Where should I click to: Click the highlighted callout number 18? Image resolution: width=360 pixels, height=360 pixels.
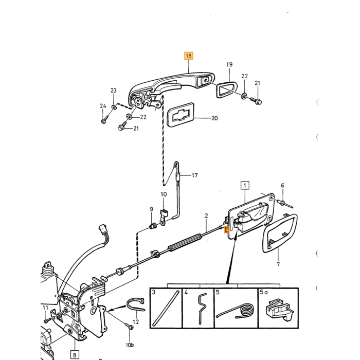click(189, 56)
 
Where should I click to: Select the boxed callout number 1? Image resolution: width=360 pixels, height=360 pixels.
click(245, 185)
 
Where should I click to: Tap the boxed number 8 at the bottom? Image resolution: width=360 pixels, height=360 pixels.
click(75, 355)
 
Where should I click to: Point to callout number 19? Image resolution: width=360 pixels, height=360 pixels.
click(229, 64)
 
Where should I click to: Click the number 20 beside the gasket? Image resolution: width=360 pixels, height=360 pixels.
click(214, 118)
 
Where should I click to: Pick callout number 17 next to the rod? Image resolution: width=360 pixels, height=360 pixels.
click(195, 175)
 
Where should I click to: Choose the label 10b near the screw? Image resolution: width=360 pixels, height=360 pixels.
click(130, 345)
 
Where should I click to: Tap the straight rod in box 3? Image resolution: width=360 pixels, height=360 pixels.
click(166, 308)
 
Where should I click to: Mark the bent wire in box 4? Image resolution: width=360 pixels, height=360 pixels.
click(202, 308)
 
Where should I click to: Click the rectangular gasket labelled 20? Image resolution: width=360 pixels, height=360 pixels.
click(181, 115)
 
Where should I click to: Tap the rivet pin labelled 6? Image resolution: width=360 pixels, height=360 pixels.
click(285, 204)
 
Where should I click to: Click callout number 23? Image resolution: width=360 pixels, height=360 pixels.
click(114, 91)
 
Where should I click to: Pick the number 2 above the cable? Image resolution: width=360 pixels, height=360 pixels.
click(206, 216)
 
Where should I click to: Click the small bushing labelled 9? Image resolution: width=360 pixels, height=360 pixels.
click(153, 227)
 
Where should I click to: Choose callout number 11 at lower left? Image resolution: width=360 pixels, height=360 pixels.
click(45, 308)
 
